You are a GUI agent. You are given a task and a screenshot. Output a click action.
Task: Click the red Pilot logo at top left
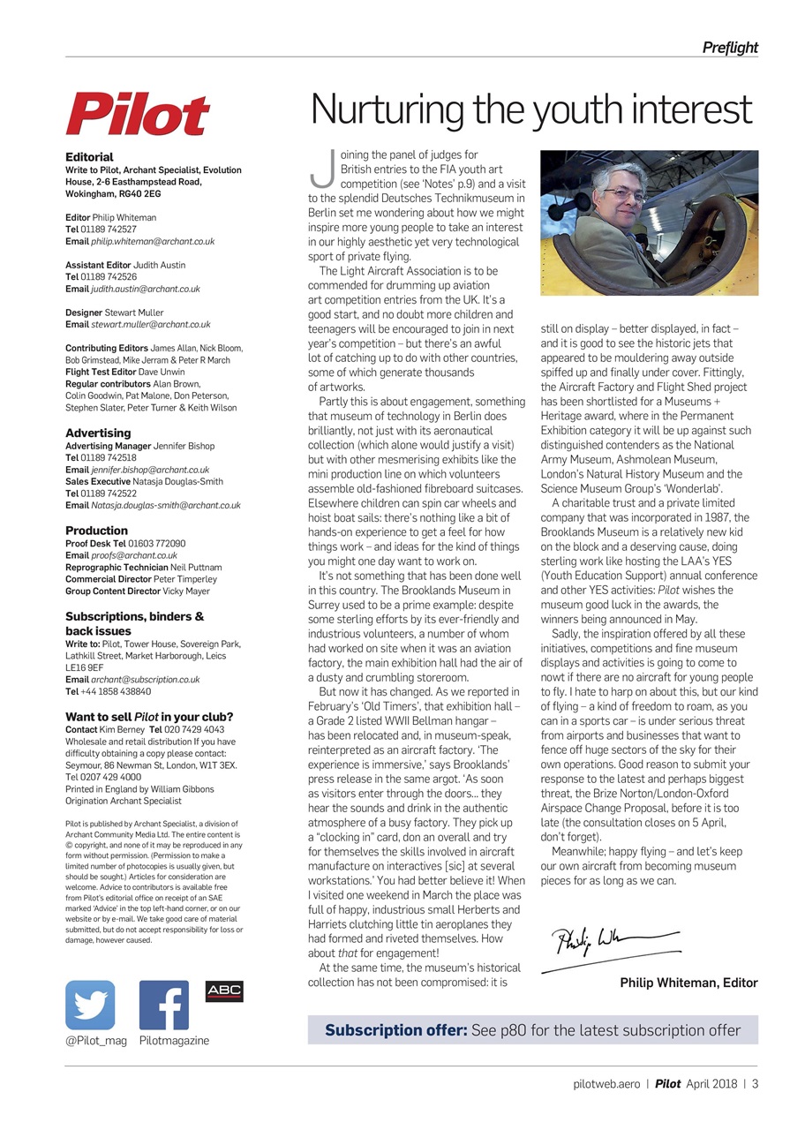[138, 115]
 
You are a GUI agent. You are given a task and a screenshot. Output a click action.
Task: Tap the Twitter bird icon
[90, 1005]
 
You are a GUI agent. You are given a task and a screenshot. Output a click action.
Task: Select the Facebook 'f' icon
[163, 1005]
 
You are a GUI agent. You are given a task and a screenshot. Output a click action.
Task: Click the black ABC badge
[224, 991]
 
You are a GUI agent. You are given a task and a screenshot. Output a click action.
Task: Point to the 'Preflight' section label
[730, 48]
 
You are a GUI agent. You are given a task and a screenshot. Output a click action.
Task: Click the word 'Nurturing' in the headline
[387, 110]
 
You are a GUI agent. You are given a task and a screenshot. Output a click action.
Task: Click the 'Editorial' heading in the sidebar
[89, 157]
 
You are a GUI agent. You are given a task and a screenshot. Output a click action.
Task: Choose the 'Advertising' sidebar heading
[98, 433]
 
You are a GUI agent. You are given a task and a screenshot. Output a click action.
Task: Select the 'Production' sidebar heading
[97, 531]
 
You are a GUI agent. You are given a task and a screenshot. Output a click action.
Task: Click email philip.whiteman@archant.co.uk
[153, 241]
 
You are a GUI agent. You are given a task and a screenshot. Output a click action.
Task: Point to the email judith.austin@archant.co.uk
[146, 289]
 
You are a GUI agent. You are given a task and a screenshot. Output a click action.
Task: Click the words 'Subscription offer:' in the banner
[396, 1030]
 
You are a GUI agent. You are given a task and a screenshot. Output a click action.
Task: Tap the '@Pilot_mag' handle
[96, 1041]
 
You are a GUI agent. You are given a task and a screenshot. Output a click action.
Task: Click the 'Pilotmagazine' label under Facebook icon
[174, 1041]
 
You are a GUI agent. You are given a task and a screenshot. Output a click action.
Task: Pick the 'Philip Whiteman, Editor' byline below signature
[688, 983]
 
